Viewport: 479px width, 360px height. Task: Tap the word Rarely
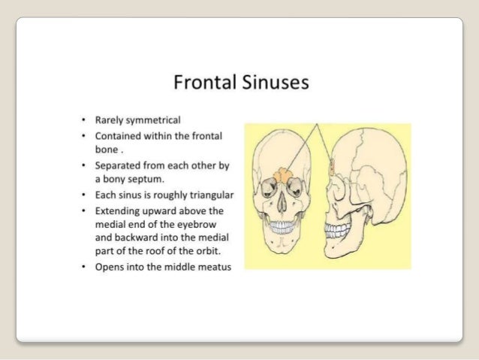[110, 119]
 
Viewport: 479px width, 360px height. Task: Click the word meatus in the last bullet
[215, 268]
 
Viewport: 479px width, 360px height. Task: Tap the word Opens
[110, 268]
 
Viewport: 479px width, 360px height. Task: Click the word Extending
[119, 209]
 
